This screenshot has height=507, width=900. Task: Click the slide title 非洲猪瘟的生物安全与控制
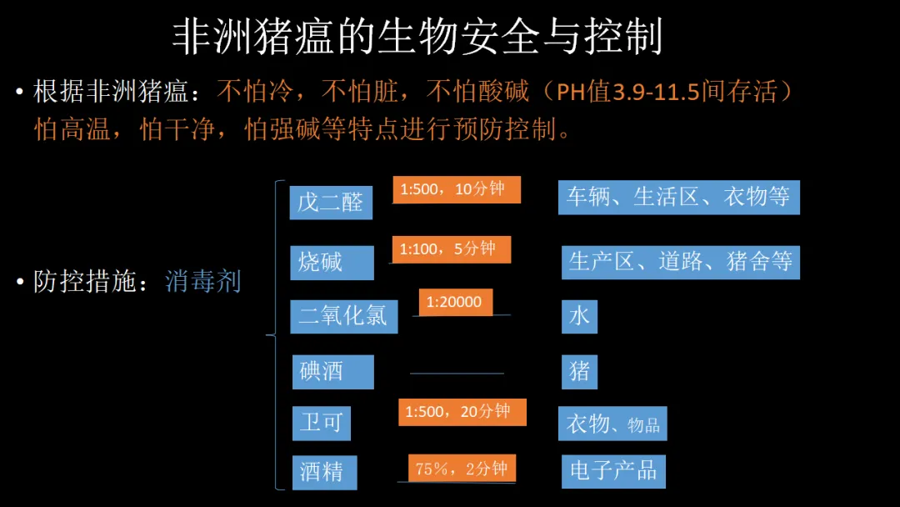[x=417, y=38]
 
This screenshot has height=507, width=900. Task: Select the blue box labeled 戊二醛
[x=331, y=203]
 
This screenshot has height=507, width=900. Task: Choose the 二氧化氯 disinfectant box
[x=343, y=316]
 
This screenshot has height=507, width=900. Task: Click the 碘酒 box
[x=332, y=371]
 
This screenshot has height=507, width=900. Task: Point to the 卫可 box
[x=321, y=423]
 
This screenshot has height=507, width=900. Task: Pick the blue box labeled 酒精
[x=324, y=472]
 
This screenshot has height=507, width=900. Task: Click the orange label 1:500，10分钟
[x=456, y=189]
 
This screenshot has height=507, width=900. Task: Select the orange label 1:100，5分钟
[x=450, y=249]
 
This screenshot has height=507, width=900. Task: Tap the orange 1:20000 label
[x=455, y=302]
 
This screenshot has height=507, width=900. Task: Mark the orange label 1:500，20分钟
[x=462, y=412]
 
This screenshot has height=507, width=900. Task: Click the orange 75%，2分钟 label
[x=462, y=469]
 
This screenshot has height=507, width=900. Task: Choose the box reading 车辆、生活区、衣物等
[x=678, y=198]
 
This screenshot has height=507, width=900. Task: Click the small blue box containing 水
[x=579, y=316]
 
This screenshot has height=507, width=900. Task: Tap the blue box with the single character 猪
[x=579, y=371]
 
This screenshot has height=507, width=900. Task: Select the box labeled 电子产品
[x=613, y=471]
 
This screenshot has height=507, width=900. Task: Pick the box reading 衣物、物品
[x=612, y=424]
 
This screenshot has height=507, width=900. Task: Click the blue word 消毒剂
[x=202, y=282]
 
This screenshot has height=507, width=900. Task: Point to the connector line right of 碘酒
[x=457, y=374]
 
